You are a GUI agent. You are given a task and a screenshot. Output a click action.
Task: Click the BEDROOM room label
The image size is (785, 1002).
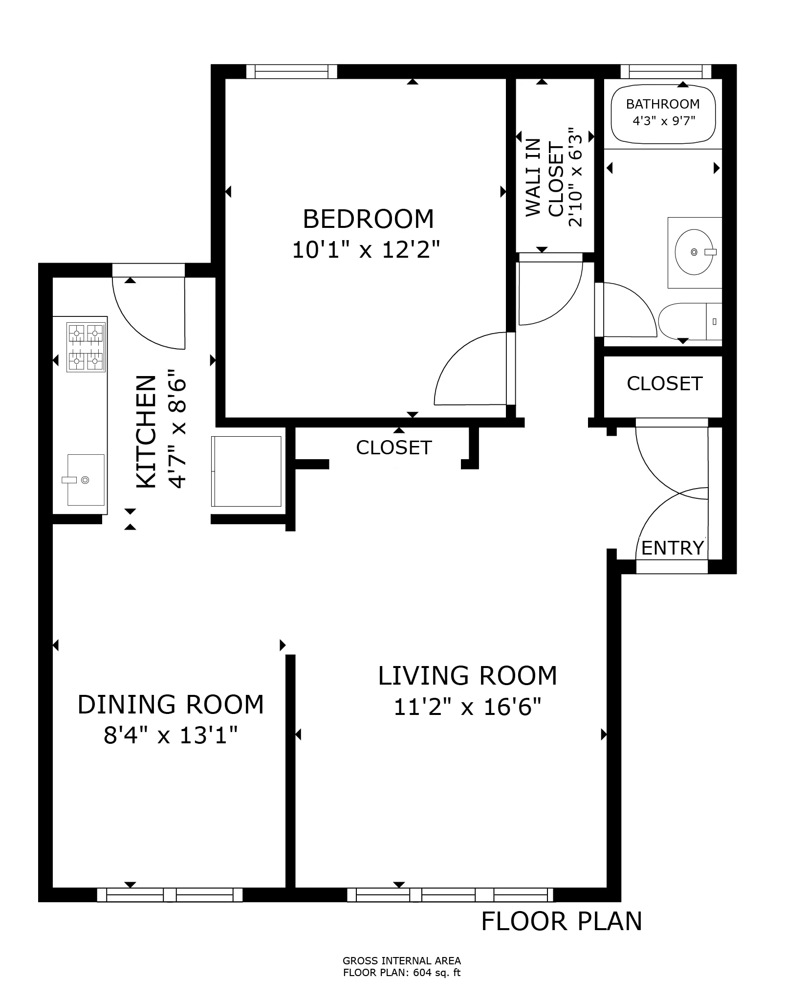368,219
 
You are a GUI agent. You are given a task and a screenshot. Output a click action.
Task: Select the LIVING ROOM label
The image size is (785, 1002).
467,676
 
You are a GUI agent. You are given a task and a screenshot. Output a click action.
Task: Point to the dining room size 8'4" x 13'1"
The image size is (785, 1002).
171,735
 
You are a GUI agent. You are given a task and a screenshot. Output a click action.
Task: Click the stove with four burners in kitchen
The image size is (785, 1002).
87,348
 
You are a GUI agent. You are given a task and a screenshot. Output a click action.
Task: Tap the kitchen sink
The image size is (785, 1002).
86,480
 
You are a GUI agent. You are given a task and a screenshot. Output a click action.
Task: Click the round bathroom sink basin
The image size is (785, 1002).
693,252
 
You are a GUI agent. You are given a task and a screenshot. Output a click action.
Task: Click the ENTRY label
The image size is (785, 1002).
672,548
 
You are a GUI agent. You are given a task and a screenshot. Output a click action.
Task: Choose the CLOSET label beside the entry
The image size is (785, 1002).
664,384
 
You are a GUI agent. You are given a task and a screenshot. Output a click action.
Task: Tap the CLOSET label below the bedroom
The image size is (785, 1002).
394,448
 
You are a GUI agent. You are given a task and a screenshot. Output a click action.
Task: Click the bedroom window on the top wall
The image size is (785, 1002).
291,72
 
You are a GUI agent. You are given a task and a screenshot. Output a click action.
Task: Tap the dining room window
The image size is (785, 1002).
170,895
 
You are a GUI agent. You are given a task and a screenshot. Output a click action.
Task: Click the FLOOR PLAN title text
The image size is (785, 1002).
561,921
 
